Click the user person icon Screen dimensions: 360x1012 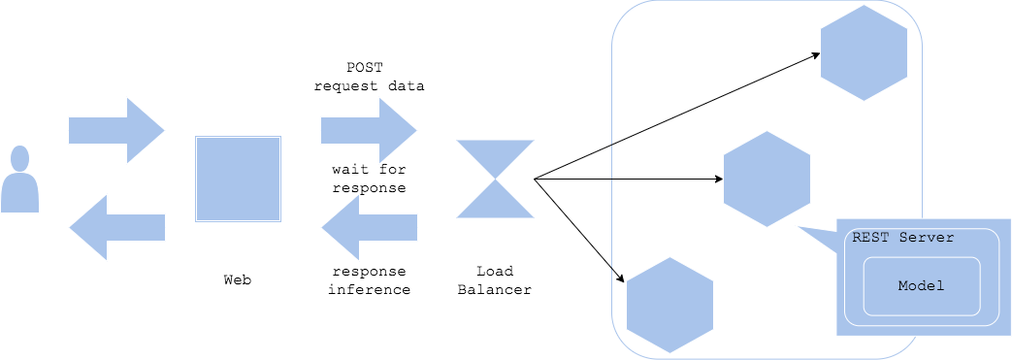20,180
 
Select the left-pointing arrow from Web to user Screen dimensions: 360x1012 116,227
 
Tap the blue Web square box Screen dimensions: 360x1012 238,180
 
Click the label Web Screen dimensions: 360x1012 238,279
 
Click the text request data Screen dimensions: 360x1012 369,85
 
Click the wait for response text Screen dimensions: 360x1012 369,179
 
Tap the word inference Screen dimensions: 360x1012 369,289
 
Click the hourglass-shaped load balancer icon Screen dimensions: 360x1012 495,179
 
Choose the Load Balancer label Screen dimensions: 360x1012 495,279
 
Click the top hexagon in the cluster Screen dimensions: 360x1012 864,53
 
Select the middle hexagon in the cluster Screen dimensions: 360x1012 767,179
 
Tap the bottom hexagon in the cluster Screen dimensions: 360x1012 669,305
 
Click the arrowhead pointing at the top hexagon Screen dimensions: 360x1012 816,55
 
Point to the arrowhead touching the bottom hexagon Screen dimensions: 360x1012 617,278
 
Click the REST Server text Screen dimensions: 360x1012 902,238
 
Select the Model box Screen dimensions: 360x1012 921,286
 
